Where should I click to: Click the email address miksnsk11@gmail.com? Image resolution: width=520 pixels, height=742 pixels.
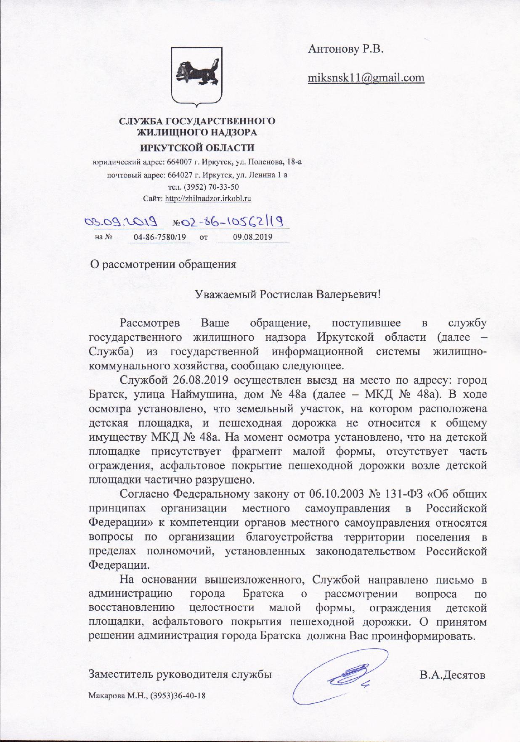(366, 78)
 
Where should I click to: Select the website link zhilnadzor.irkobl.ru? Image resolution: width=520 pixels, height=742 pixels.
(208, 199)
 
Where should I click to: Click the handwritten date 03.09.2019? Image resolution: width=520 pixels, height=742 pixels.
(121, 221)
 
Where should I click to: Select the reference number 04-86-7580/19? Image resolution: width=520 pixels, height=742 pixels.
(159, 237)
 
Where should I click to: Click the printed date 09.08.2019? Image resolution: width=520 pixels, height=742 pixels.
(252, 237)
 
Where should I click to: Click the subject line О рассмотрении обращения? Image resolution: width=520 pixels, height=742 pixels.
(164, 264)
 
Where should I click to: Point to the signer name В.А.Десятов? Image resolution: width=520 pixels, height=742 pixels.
(452, 675)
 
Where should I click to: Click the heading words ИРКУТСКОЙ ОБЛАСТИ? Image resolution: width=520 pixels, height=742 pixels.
(197, 148)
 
